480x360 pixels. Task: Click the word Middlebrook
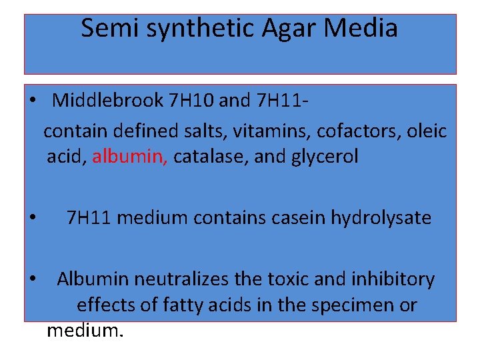[108, 101]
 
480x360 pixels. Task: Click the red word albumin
[130, 157]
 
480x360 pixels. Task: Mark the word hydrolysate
[379, 217]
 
